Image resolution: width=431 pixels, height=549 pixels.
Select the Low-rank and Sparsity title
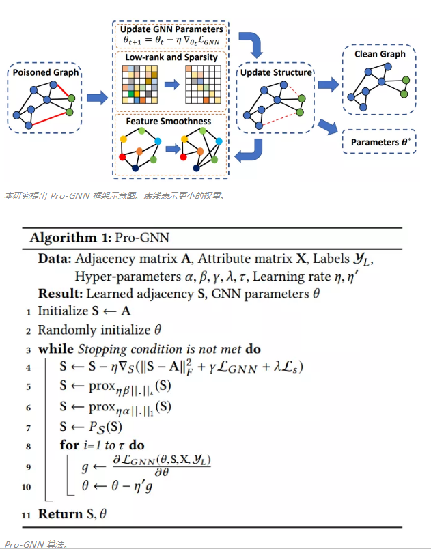coord(171,57)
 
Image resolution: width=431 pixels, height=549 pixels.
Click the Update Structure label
coord(276,72)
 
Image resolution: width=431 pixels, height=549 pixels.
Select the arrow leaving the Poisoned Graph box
coord(98,99)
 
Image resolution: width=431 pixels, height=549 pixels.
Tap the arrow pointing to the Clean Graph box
coord(329,85)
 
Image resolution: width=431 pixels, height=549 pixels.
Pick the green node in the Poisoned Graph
coord(71,100)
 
